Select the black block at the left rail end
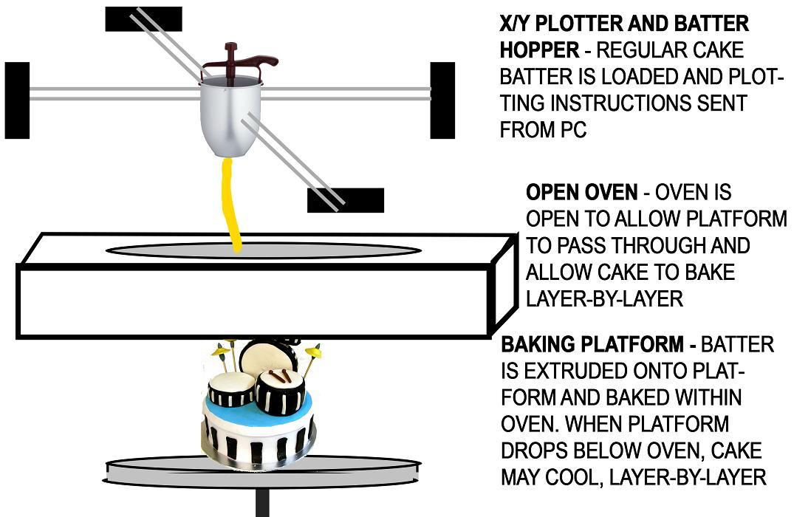point(17,100)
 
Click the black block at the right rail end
point(442,100)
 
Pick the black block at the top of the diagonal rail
point(143,19)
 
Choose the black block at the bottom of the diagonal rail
point(346,199)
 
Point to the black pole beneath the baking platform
point(261,502)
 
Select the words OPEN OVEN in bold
point(581,193)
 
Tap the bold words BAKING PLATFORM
point(593,345)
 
